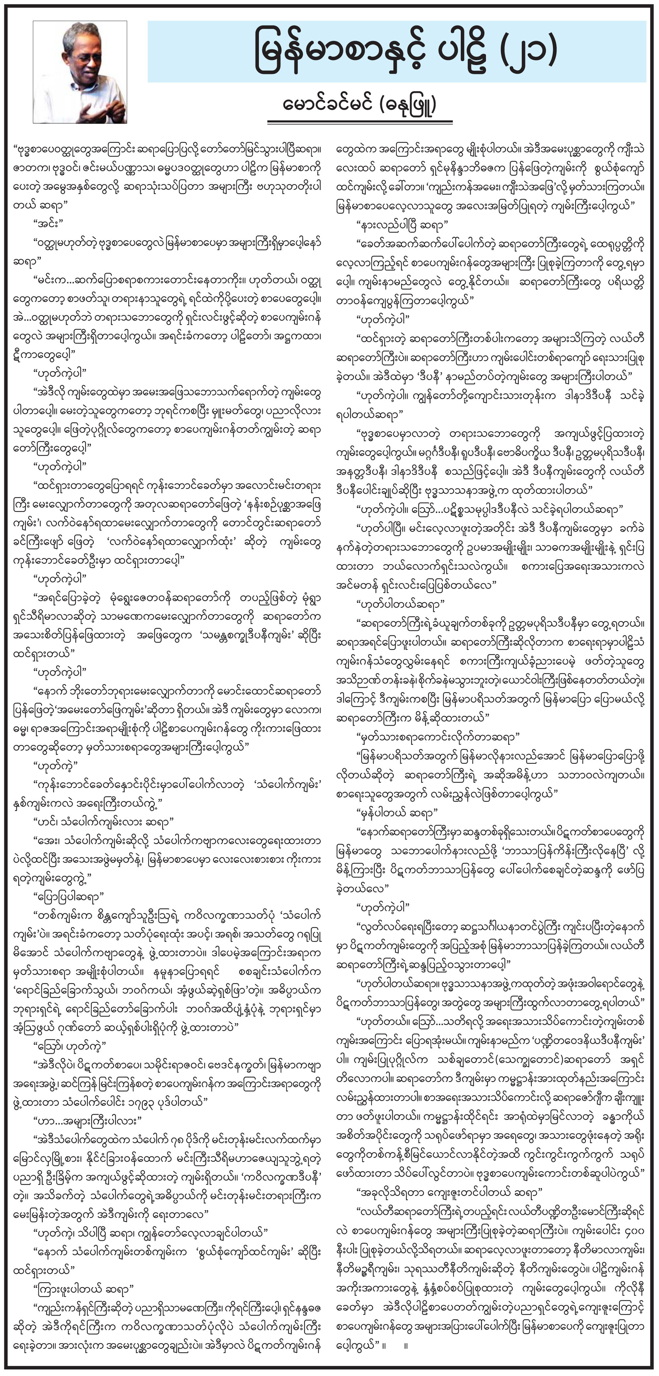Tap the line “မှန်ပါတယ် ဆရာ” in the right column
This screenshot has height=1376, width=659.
[x=397, y=813]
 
